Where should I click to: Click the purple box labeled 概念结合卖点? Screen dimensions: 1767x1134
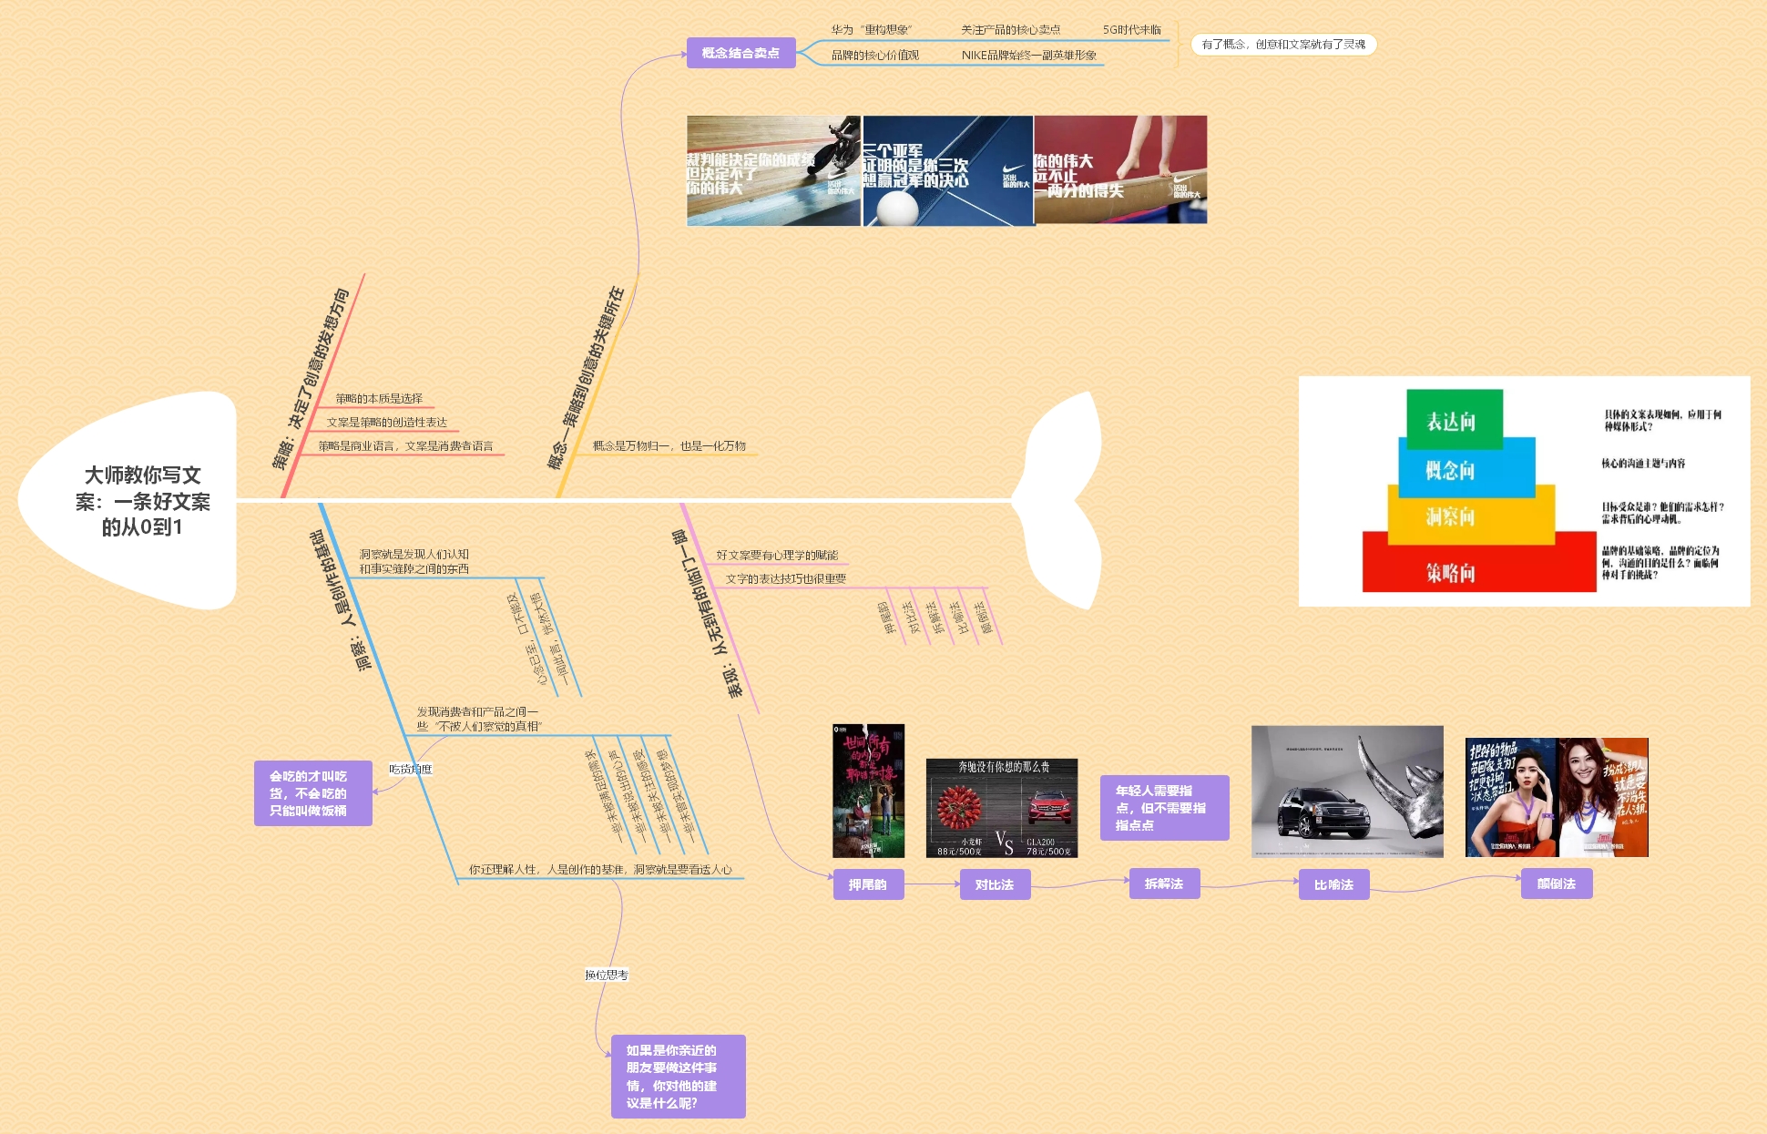(x=741, y=53)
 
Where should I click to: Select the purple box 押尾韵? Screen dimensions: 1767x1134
(x=868, y=884)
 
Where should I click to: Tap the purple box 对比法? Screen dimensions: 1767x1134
(x=995, y=884)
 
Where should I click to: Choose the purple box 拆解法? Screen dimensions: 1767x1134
(x=1164, y=884)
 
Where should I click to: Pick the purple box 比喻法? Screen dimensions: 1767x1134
(x=1333, y=884)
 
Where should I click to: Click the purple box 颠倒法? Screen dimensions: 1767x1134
(x=1557, y=884)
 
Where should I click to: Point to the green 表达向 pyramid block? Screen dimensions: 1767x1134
(x=1454, y=420)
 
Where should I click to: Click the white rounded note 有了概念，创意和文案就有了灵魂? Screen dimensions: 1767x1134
(x=1283, y=45)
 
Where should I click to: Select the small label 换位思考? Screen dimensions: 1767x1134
(x=607, y=975)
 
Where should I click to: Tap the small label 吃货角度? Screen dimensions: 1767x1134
(x=411, y=769)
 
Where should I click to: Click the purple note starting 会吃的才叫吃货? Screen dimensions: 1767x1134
(x=312, y=793)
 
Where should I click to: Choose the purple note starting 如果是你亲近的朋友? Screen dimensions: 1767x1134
(x=678, y=1077)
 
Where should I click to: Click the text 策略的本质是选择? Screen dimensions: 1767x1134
(x=379, y=399)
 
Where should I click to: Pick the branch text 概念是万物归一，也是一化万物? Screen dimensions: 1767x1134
(x=669, y=446)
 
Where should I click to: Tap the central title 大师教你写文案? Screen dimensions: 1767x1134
(x=143, y=501)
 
